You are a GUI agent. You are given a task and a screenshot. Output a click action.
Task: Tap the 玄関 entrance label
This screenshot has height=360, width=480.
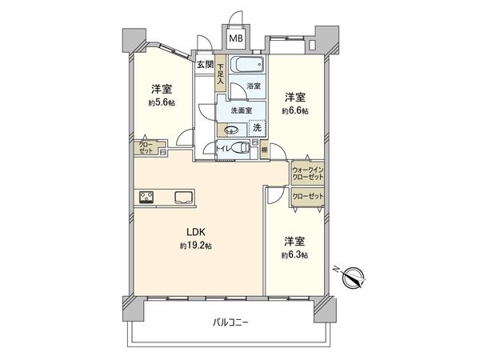point(205,64)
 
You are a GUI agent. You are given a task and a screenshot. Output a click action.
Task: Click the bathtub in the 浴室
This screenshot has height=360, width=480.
point(249,65)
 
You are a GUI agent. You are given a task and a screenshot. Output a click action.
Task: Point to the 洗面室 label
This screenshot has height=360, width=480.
point(242,110)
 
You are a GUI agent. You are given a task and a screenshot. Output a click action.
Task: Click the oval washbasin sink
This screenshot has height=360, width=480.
point(232,130)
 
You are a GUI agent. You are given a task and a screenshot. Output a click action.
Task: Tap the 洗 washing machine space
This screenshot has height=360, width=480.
point(258,127)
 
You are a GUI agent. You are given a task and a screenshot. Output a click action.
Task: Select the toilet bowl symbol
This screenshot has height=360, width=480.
point(242,148)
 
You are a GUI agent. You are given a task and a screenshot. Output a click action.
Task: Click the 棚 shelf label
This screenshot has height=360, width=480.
point(264,148)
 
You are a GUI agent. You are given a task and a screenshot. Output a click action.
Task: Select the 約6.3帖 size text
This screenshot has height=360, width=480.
point(294,254)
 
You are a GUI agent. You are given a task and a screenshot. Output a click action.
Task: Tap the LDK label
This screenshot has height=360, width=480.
point(196,233)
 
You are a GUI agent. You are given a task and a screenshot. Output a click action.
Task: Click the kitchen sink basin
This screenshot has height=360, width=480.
point(180,196)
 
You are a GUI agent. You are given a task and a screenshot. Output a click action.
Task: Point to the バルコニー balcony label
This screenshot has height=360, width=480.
point(231,322)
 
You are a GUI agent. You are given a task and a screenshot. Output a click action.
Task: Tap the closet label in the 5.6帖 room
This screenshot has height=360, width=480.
point(145,147)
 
